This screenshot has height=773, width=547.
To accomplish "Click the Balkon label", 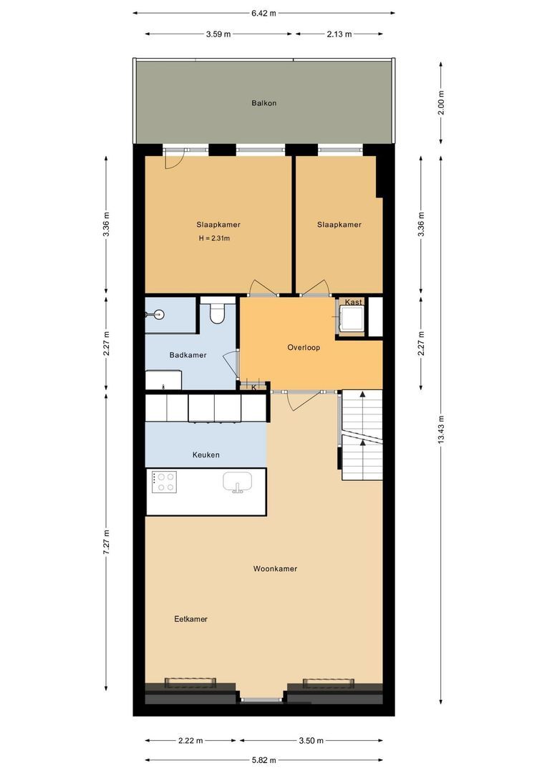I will (263, 103).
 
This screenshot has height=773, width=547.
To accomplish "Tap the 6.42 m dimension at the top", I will (263, 13).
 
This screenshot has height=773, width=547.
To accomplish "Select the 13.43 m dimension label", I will (441, 430).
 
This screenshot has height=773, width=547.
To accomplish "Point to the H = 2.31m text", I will (214, 238).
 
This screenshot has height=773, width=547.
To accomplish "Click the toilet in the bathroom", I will (218, 313).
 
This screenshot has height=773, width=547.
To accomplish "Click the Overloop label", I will (304, 348).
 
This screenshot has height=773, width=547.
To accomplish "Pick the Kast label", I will (353, 303).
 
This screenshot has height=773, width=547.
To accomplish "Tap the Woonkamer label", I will (275, 569).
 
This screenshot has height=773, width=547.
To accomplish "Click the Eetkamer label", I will (191, 619).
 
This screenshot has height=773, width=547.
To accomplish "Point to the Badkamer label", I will (188, 355).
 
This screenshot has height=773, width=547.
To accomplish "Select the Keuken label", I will (206, 455).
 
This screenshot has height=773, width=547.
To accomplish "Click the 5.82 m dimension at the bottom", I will (263, 760).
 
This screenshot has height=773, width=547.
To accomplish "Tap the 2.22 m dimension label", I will (190, 741).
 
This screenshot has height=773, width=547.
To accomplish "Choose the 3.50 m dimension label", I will (311, 741).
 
